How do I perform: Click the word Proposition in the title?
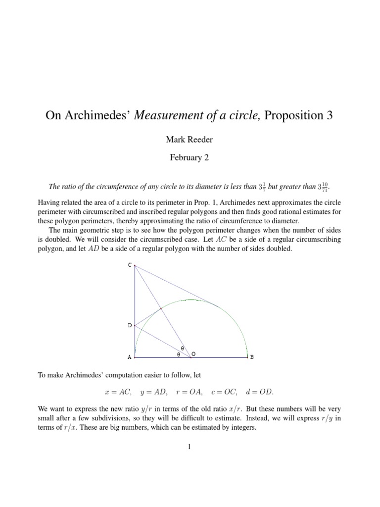tap(292, 116)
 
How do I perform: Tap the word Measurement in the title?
tap(170, 116)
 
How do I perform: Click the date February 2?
tap(190, 158)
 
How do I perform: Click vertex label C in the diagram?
tap(130, 265)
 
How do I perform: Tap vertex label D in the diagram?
tap(130, 325)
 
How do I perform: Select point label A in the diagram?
tap(130, 357)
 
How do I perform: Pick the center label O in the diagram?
tap(193, 354)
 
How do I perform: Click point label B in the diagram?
tap(251, 357)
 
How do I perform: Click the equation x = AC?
tap(118, 392)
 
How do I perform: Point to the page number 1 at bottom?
tap(190, 447)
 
